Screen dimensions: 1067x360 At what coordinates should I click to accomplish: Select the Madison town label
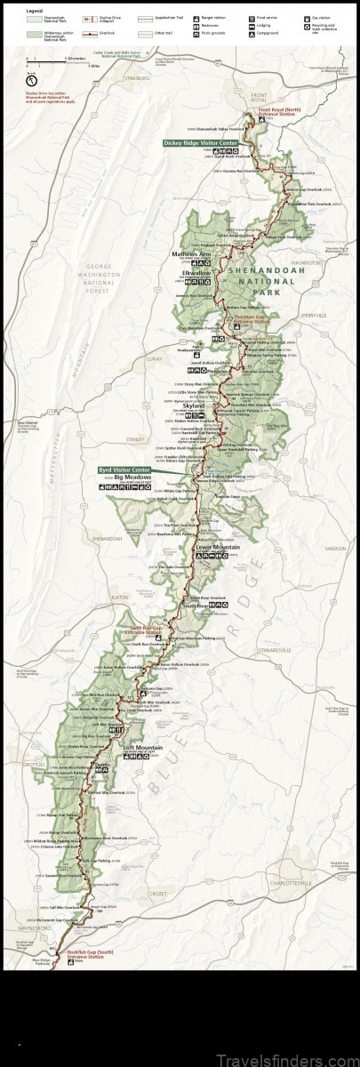pos(334,549)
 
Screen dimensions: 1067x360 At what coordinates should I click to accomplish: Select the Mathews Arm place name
pos(189,253)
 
